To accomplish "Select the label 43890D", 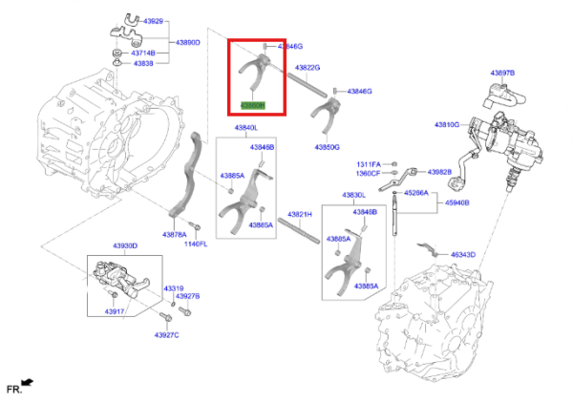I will tap(187, 43).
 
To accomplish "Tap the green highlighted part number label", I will tap(252, 104).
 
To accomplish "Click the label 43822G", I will tap(307, 68).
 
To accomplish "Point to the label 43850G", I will tap(327, 147).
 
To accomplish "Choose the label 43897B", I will tap(502, 73).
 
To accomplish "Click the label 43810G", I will tap(446, 124).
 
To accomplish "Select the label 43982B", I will tap(439, 172).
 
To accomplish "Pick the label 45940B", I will tap(456, 202).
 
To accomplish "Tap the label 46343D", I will tap(463, 255).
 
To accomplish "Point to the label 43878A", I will tap(174, 234).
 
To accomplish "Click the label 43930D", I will tap(125, 246).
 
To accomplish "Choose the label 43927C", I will tap(166, 334).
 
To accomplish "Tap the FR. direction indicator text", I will tap(13, 389).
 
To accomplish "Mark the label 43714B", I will tap(142, 53).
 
